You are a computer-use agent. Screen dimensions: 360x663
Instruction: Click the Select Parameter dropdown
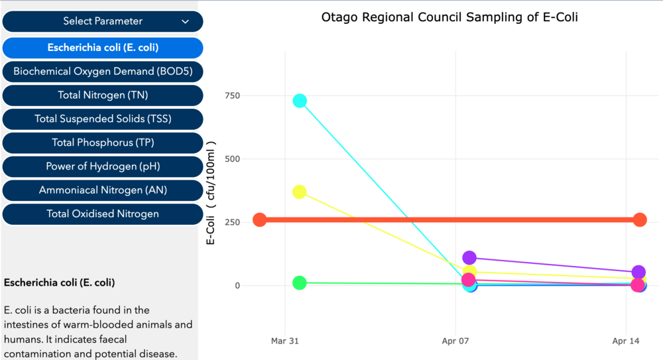coord(103,21)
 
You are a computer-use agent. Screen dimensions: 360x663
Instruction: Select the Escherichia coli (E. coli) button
coord(103,48)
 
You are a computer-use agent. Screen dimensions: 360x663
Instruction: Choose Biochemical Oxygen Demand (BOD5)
coord(103,71)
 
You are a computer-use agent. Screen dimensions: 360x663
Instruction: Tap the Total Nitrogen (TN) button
coord(103,95)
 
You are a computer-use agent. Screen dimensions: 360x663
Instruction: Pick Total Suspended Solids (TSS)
coord(103,119)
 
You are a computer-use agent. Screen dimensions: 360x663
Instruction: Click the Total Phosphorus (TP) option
coord(103,143)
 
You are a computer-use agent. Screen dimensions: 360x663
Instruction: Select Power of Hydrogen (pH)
coord(103,166)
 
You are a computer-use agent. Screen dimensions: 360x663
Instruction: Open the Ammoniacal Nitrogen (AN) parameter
coord(103,190)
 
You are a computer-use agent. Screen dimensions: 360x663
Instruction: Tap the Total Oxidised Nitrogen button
coord(103,213)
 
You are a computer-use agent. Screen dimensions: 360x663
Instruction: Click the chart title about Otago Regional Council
coord(450,17)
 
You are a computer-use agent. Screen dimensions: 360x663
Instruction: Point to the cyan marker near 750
coord(300,101)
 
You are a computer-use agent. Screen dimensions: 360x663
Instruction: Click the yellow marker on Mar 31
coord(299,192)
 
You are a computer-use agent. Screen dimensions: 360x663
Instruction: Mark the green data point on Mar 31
coord(300,283)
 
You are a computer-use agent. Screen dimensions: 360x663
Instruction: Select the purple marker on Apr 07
coord(469,258)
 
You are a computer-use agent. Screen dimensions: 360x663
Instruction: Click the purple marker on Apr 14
coord(638,272)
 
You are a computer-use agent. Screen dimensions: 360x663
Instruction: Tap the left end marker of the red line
coord(260,220)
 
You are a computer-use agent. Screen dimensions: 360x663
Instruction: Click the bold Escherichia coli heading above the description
coord(60,282)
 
